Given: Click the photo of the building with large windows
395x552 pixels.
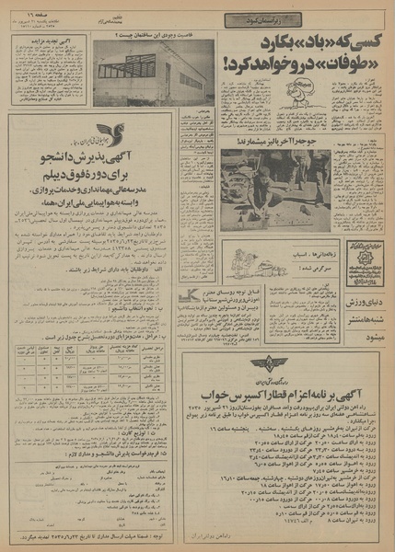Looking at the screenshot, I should click(x=154, y=72).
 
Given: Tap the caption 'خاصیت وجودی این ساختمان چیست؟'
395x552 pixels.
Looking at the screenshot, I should click(x=154, y=36).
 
